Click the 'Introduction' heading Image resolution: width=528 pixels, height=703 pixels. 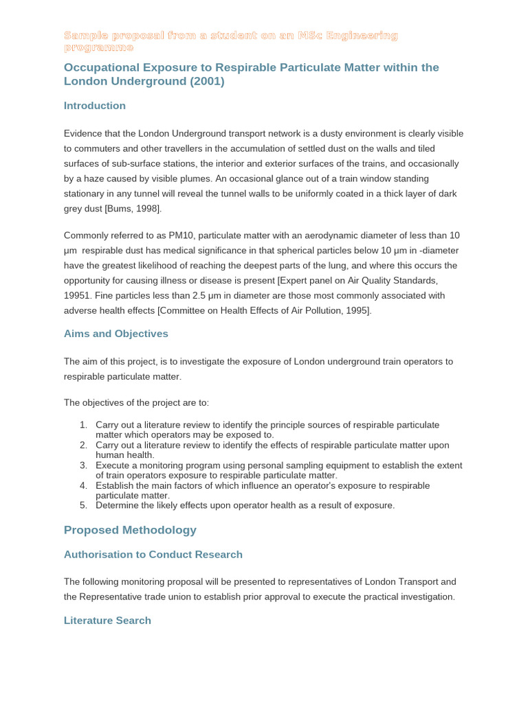click(94, 106)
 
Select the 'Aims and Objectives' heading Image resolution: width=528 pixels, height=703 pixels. click(115, 334)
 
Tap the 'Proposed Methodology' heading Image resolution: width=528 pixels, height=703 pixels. click(130, 530)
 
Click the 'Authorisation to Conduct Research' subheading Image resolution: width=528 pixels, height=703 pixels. click(153, 555)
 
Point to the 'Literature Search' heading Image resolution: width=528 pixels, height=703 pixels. click(107, 621)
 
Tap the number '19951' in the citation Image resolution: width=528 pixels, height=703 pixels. click(76, 295)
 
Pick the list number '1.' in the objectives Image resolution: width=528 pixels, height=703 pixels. click(83, 425)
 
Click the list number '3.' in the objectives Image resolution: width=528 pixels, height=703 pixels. click(83, 465)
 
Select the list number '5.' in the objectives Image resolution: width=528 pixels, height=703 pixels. click(83, 505)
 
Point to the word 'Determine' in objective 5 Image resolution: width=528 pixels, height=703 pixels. click(118, 505)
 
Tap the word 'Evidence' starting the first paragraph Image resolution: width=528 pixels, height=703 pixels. click(82, 133)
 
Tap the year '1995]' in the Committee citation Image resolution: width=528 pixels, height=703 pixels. click(359, 310)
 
